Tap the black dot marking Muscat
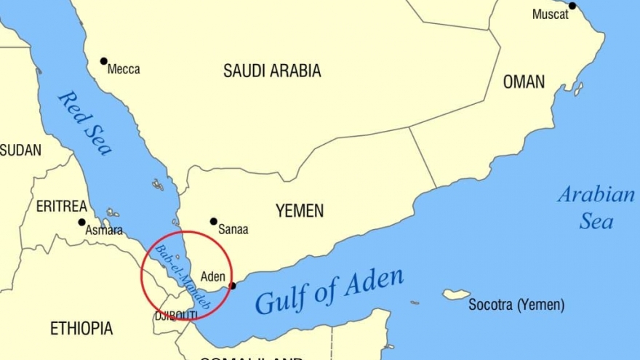[572, 6]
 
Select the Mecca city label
[124, 70]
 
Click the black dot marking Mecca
[104, 61]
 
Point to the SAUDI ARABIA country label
[272, 71]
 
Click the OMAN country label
[524, 82]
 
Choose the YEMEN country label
[300, 211]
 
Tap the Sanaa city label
[233, 229]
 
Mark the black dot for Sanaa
[214, 221]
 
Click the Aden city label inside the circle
[212, 276]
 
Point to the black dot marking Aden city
[232, 286]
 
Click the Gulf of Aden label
[329, 291]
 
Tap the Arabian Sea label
[596, 207]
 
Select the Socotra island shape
[457, 295]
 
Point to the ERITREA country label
[62, 207]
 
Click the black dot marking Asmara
[81, 222]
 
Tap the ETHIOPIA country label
[81, 328]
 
